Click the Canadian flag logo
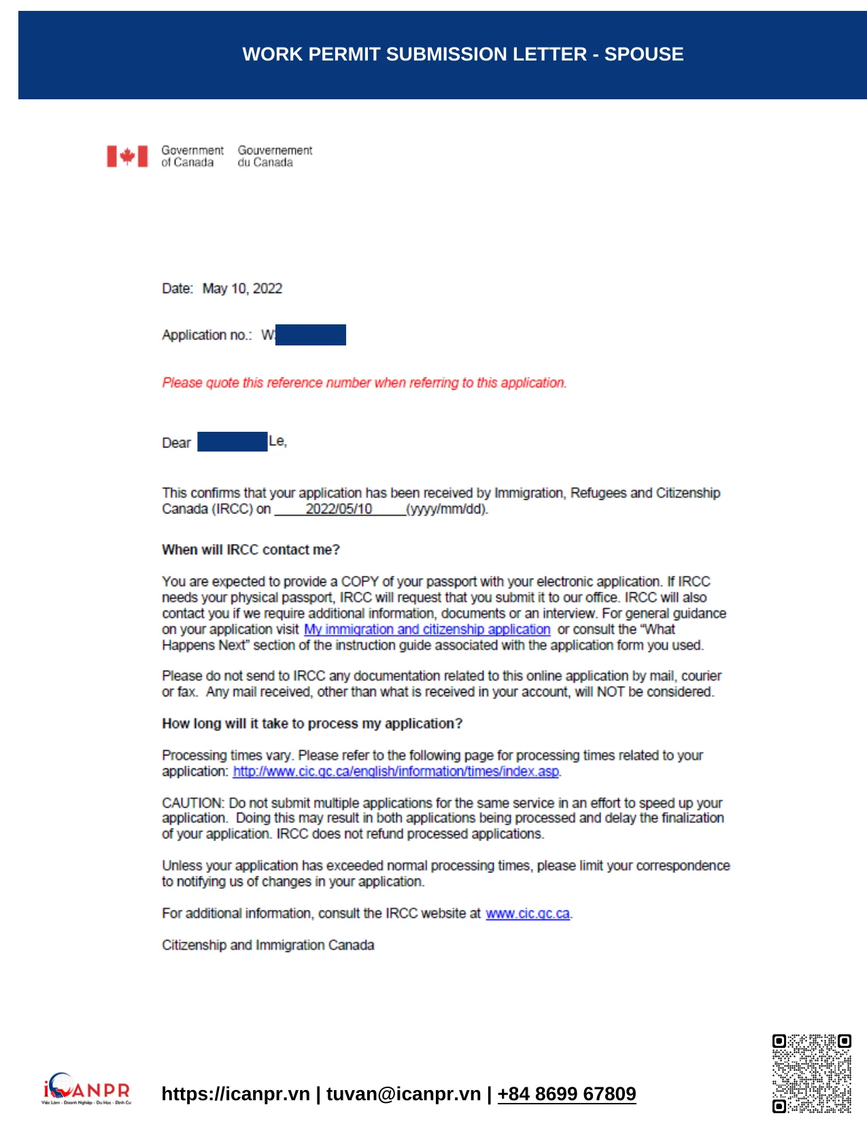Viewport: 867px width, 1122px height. [x=127, y=156]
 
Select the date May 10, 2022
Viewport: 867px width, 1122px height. [x=242, y=288]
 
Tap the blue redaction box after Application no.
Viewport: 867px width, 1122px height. [x=311, y=335]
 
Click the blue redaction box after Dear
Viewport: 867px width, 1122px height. [x=232, y=442]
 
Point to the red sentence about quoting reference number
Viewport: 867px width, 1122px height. [x=364, y=383]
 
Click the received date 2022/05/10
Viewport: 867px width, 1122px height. [x=339, y=509]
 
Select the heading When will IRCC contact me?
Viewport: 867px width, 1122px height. [x=250, y=549]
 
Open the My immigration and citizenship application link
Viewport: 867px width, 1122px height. [x=426, y=630]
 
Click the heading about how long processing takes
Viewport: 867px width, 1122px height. [x=311, y=724]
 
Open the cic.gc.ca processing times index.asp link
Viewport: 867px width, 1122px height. [x=396, y=772]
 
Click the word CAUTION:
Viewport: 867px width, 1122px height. [x=192, y=803]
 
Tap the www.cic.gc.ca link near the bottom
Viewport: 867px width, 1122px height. [x=528, y=913]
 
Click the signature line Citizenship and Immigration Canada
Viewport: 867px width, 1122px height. [x=268, y=945]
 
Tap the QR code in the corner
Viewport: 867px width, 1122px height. [x=811, y=1074]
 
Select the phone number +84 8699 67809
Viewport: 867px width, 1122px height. [x=566, y=1093]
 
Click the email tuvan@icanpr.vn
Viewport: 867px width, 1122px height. [x=403, y=1093]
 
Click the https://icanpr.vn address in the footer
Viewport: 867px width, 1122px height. [x=235, y=1093]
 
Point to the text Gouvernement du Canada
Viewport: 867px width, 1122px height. [x=275, y=156]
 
